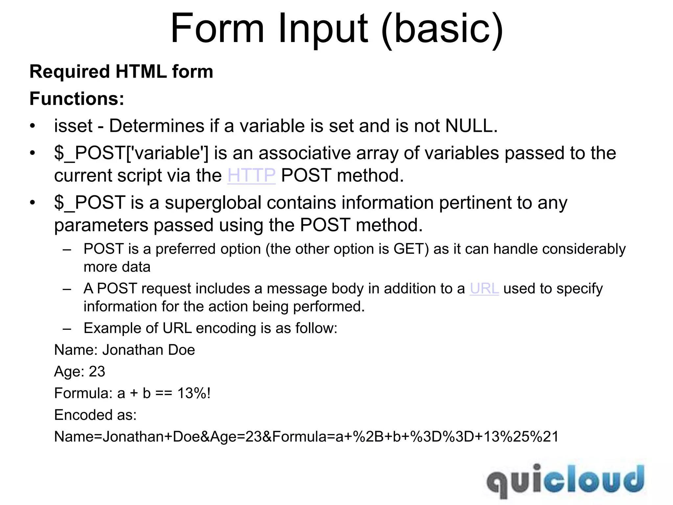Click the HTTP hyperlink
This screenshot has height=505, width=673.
point(251,175)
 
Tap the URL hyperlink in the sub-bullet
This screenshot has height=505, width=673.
point(484,289)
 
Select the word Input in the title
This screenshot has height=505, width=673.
point(323,29)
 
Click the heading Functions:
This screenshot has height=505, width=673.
point(77,99)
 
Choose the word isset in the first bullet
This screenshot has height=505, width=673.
point(73,126)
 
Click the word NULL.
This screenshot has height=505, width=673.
point(471,126)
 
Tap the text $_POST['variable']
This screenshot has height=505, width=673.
point(131,153)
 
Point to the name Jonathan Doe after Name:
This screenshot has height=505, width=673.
point(149,350)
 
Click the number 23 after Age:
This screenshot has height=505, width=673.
point(97,372)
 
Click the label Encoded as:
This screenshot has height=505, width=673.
point(95,415)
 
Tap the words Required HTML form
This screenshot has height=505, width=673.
point(121,72)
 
